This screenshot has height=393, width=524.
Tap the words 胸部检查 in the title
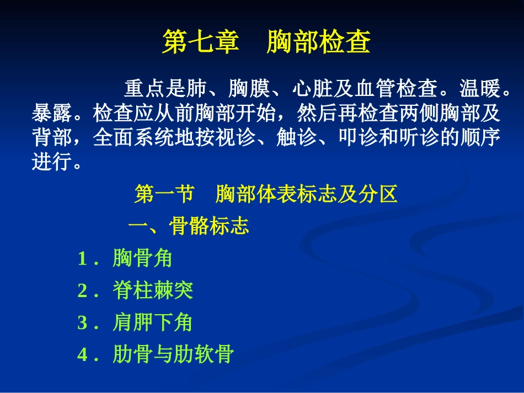(318, 42)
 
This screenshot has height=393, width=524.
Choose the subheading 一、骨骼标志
(189, 226)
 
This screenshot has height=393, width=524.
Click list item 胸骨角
(143, 258)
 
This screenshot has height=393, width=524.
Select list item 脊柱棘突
(153, 290)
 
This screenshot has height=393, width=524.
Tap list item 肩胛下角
(153, 322)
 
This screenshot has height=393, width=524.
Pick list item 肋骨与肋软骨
(173, 354)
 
